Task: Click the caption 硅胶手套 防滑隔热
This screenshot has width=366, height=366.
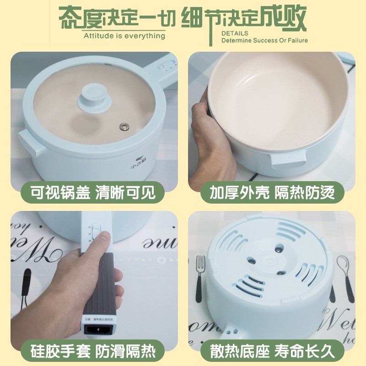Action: coord(93,351)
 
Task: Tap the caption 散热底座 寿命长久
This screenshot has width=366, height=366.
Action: coord(273,351)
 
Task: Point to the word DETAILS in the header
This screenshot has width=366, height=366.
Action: coord(235,33)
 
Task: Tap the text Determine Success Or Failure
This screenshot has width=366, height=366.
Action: coord(264,40)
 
